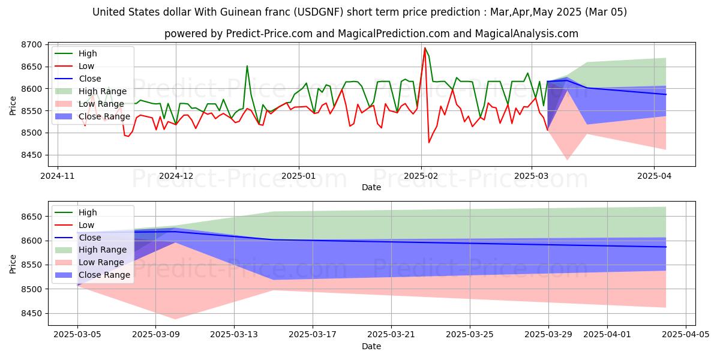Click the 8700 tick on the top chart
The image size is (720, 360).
pos(31,45)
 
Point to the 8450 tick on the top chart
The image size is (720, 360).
pos(31,155)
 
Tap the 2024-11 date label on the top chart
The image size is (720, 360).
pos(58,176)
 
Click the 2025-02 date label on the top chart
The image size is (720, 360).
pos(421,176)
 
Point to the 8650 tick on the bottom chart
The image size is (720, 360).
pos(31,217)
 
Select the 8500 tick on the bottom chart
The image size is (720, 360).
pos(31,289)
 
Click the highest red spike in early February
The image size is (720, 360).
pos(425,48)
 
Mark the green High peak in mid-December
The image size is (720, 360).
pos(247,66)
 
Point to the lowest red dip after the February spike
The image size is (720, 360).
pos(429,142)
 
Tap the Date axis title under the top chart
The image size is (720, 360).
pos(371,187)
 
